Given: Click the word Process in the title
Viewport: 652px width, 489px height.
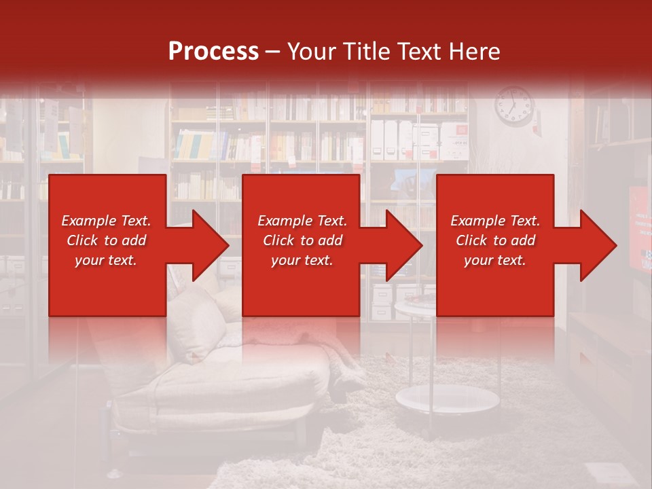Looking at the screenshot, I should (213, 52).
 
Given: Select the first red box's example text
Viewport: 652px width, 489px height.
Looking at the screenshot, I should (107, 240).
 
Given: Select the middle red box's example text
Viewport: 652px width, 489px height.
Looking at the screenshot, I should (302, 240).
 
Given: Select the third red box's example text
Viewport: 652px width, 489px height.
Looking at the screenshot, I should (495, 240).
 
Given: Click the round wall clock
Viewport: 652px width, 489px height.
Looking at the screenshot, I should (514, 106).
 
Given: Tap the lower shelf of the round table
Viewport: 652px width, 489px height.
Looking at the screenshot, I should (447, 399).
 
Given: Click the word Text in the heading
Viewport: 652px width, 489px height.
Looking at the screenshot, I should (418, 52).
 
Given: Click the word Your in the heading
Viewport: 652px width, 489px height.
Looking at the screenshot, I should (310, 52).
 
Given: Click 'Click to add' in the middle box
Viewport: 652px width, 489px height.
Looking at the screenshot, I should (302, 240).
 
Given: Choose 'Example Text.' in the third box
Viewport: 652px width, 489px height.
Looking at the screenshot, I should (495, 221).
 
